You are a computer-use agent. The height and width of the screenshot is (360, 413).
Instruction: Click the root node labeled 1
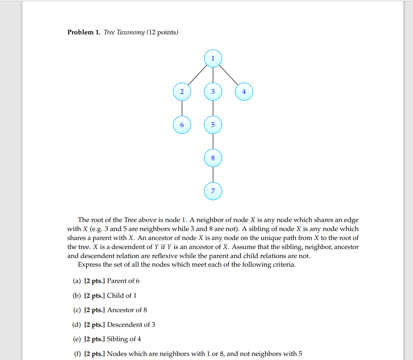click(213, 59)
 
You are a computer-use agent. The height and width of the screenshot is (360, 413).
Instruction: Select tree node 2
click(182, 92)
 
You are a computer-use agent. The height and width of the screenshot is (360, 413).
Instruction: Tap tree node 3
click(213, 92)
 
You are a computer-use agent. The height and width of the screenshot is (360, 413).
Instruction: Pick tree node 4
click(244, 92)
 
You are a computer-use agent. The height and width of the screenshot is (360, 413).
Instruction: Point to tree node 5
click(213, 125)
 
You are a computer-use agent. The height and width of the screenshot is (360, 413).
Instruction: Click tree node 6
click(182, 125)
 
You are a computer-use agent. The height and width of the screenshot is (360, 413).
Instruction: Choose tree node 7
click(213, 191)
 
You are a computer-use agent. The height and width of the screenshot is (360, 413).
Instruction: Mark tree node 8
click(213, 158)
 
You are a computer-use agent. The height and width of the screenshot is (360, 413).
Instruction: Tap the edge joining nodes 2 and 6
click(182, 108)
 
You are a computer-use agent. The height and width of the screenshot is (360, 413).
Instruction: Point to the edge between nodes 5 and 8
click(213, 141)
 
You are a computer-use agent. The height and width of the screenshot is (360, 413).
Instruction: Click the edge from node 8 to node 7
click(213, 174)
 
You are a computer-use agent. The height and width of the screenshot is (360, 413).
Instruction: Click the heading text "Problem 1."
click(84, 32)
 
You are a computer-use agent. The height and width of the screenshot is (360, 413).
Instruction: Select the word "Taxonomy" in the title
click(131, 32)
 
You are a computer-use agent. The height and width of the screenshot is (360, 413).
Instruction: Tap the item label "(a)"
click(77, 281)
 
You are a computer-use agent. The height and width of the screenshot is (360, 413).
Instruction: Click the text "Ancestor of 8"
click(127, 310)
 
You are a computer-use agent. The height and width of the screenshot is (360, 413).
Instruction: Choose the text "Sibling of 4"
click(124, 339)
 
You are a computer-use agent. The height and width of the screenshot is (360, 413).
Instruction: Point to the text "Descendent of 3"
click(131, 325)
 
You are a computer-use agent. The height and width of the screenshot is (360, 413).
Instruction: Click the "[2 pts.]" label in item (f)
click(95, 354)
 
